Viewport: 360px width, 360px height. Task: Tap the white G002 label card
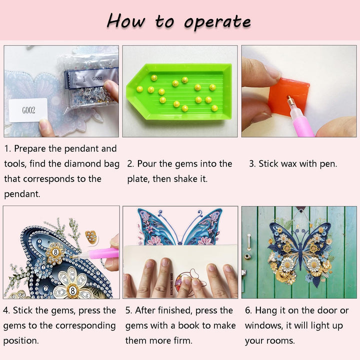[28, 110]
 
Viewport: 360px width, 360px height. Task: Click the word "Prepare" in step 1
[34, 148]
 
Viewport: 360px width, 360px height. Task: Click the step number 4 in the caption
[6, 310]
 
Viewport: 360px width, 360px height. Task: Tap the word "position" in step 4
[20, 340]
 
